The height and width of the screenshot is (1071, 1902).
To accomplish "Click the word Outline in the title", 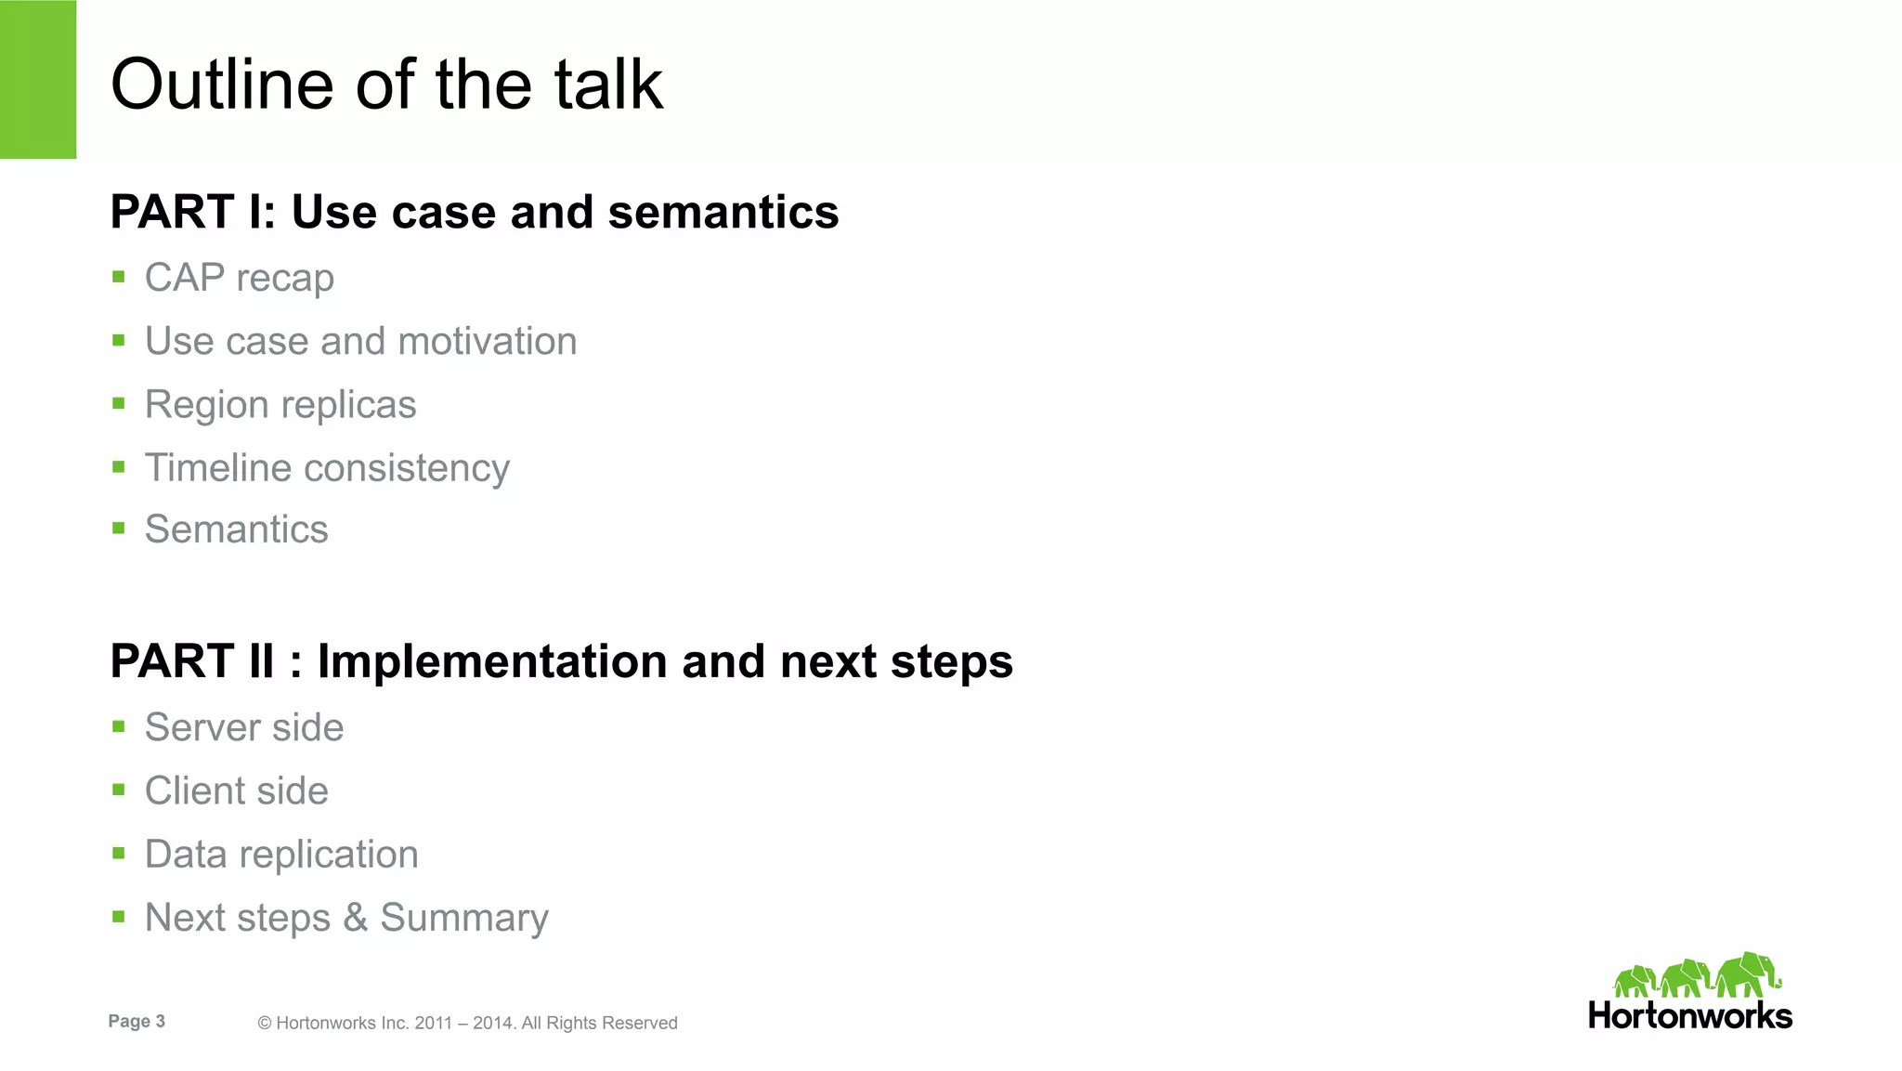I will pos(221,85).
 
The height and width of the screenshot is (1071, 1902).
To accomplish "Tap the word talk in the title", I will pos(608,85).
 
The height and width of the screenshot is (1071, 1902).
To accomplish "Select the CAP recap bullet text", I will pos(239,278).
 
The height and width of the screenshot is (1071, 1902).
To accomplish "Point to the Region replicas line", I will pos(280,405).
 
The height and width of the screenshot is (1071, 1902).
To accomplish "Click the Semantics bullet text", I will pos(236,529).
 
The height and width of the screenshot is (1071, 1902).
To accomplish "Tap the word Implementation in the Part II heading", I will pos(492,661).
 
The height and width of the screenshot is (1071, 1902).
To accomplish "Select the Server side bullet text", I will pos(243,727).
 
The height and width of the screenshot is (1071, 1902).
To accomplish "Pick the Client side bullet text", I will pos(236,790).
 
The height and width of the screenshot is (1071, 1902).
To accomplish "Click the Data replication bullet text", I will pos(280,855).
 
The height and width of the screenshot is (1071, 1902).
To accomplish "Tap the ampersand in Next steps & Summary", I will pos(355,918).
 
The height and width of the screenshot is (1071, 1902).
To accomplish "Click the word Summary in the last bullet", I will pos(464,918).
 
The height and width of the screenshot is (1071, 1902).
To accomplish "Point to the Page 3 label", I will pos(137,1021).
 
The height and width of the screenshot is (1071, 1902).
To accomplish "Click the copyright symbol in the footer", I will pos(265,1024).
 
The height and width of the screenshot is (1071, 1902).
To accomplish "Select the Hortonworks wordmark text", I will pos(1689,1015).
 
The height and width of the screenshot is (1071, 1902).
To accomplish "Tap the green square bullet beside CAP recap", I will pos(118,277).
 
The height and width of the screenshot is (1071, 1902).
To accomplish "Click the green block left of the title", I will pos(38,79).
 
